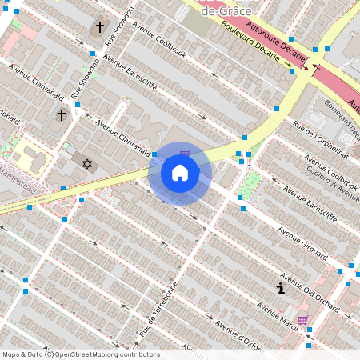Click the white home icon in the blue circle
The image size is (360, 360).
[180, 173]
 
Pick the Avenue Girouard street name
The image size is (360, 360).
[303, 244]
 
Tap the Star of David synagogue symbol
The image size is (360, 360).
[87, 164]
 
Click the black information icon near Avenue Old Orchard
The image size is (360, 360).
[280, 288]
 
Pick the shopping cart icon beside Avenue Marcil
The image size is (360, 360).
[302, 320]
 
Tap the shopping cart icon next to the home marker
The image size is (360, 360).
[185, 154]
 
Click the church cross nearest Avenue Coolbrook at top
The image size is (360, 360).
[100, 27]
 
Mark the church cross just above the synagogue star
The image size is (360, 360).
[62, 115]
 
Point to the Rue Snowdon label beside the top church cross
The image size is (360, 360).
[116, 35]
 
